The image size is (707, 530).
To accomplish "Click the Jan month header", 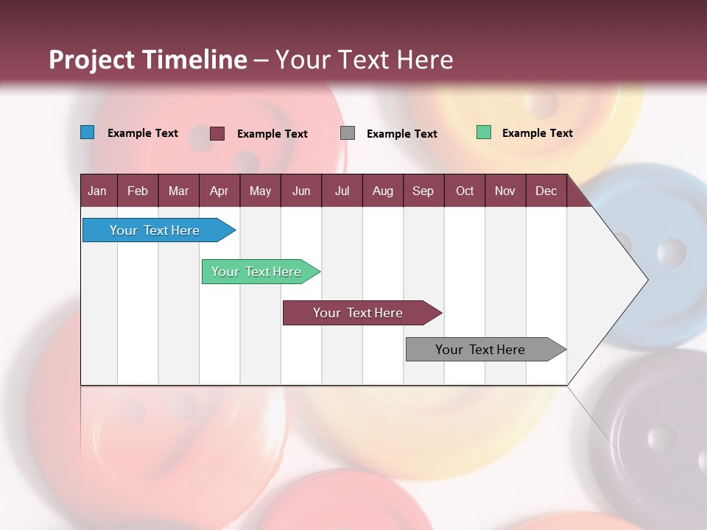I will click(x=98, y=191).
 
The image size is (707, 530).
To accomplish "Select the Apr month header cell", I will click(x=219, y=191).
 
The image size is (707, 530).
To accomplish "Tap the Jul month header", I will click(x=342, y=191).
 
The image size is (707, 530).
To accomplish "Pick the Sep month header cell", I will click(x=423, y=191).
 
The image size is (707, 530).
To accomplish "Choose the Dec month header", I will click(x=546, y=191).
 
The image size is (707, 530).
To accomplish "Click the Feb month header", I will click(x=138, y=191).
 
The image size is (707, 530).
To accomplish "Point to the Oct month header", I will click(x=465, y=191).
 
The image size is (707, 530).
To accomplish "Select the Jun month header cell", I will click(x=301, y=191).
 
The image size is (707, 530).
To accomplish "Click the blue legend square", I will click(x=88, y=132).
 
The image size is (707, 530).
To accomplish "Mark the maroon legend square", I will click(x=217, y=133).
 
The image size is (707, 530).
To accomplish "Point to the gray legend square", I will click(x=348, y=133).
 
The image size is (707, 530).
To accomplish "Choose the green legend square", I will click(x=484, y=132).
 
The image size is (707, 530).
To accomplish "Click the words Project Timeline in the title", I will click(x=147, y=60).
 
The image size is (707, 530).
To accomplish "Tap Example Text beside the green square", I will click(x=537, y=133).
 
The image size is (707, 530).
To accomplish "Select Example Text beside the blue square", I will click(x=143, y=133).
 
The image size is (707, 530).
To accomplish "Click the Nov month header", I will click(x=505, y=191).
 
